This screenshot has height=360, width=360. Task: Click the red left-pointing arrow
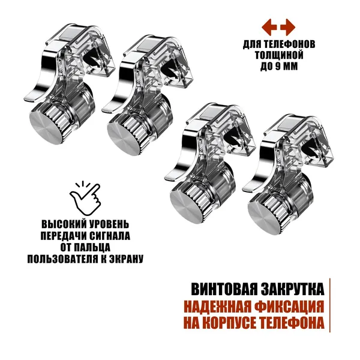click(269, 28)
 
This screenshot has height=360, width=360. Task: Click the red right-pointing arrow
click(288, 28)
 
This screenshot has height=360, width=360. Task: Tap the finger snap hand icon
click(85, 199)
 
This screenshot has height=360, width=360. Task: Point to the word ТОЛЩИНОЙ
click(279, 55)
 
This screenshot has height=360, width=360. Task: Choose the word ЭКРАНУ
click(125, 259)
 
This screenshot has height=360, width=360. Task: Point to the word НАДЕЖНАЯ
click(217, 307)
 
